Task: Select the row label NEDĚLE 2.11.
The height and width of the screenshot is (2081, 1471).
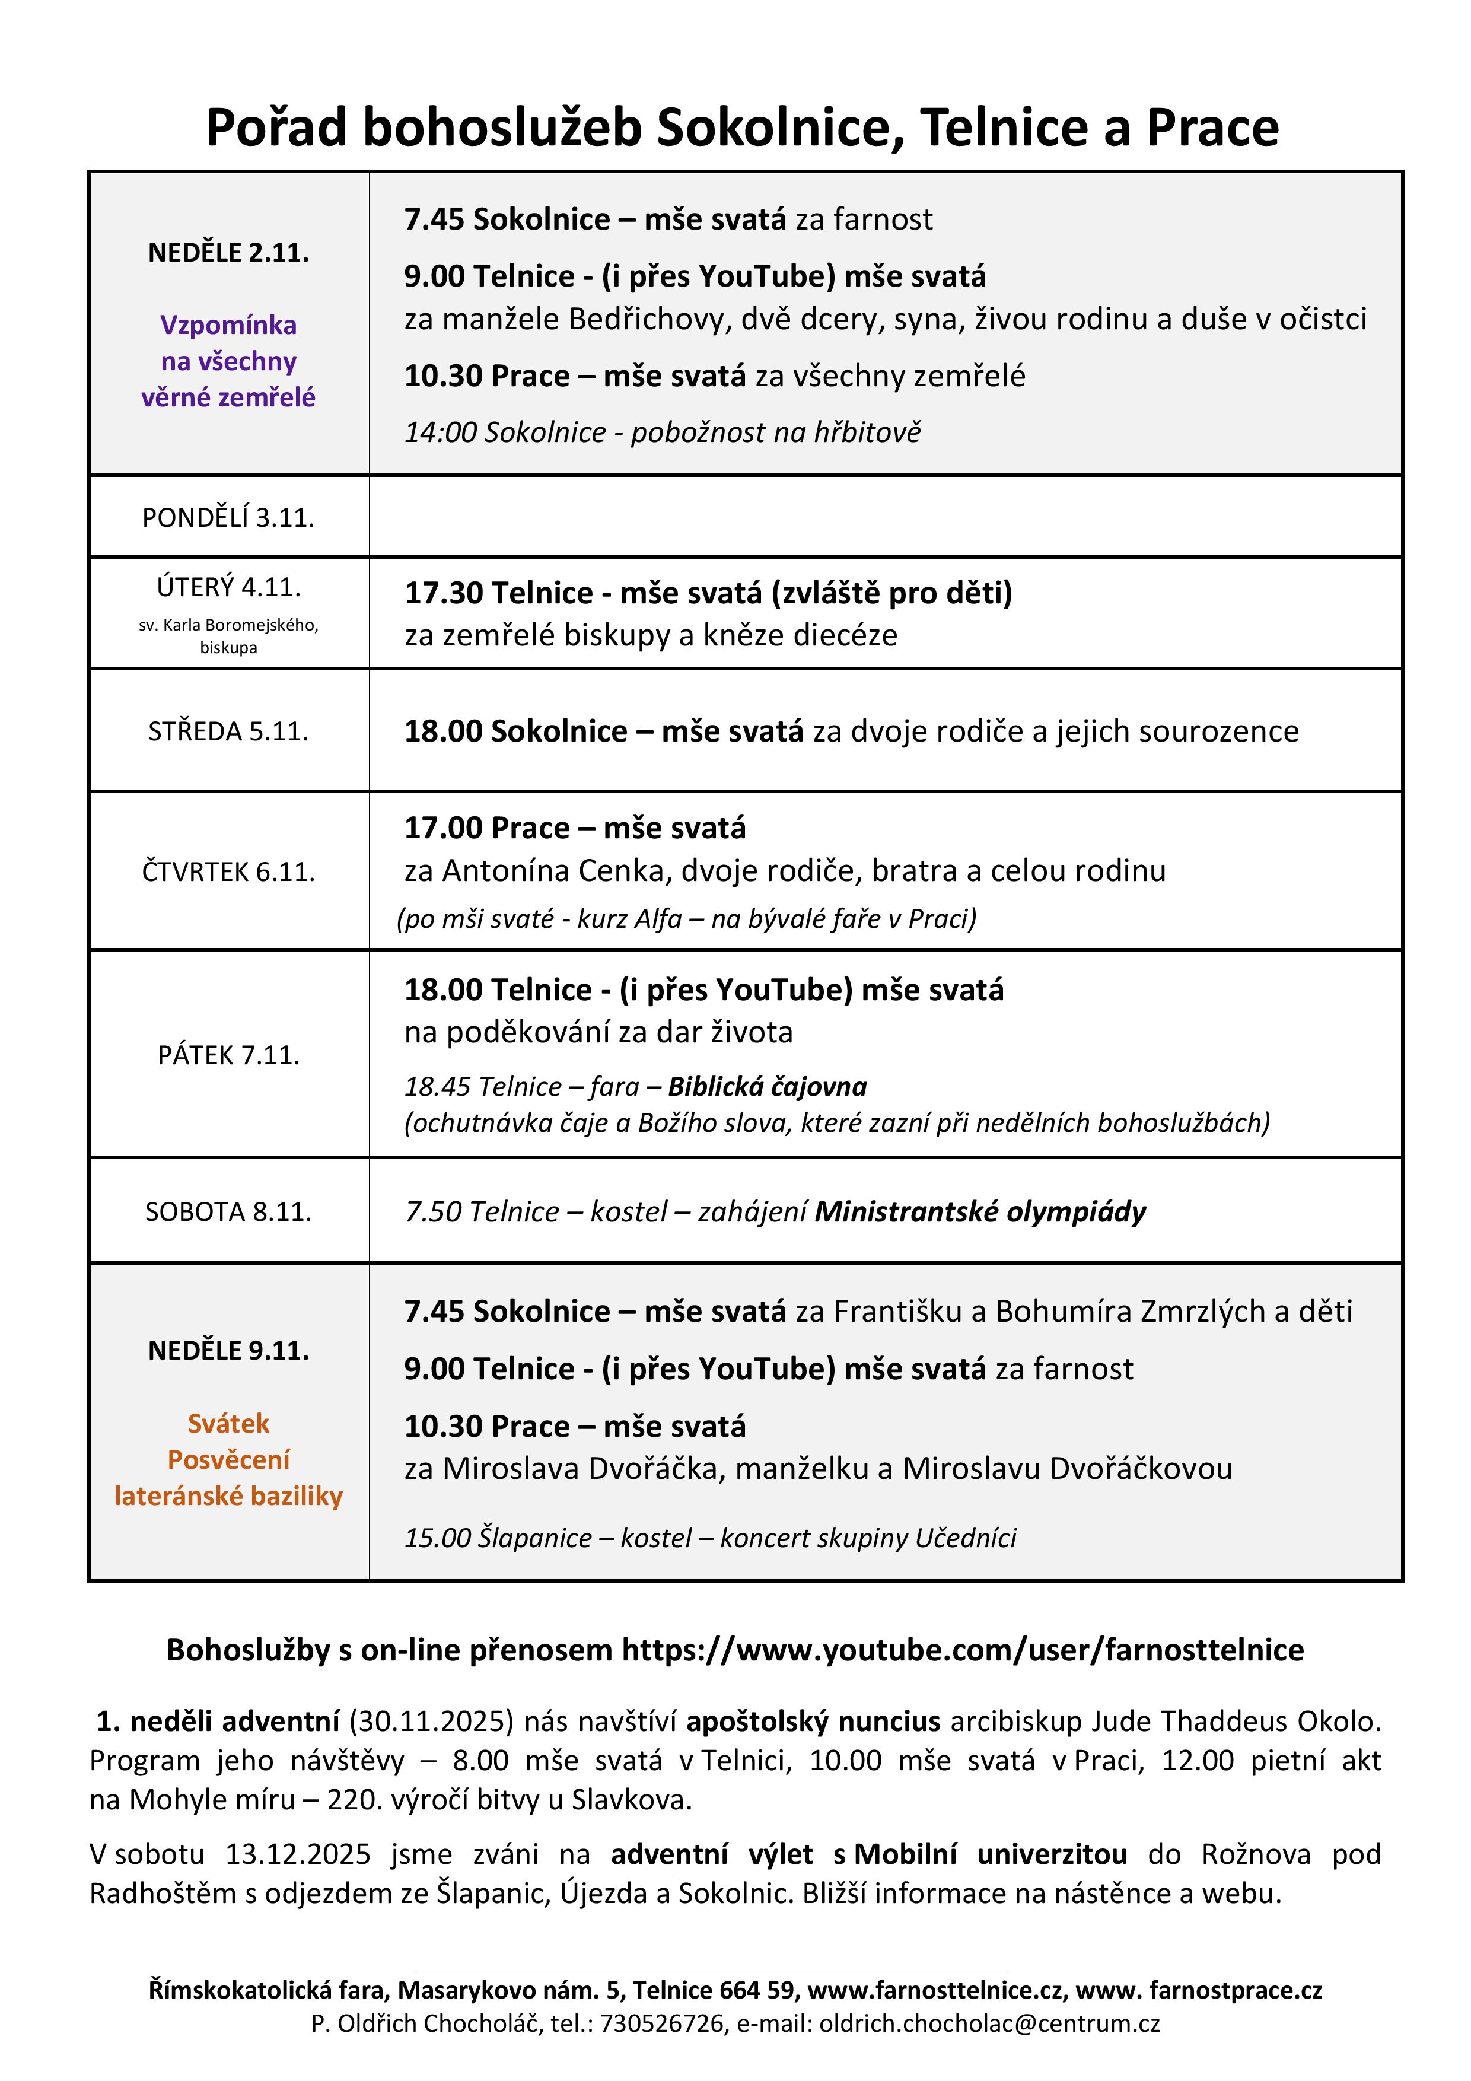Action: coord(228,253)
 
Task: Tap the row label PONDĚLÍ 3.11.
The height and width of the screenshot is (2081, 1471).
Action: coord(228,517)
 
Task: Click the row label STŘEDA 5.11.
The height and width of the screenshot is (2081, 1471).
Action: coord(228,731)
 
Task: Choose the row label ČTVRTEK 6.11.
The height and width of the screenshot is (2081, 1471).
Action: coord(228,872)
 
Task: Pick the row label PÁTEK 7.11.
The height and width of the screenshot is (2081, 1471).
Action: coord(228,1055)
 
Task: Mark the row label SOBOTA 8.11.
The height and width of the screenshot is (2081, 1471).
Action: coord(228,1212)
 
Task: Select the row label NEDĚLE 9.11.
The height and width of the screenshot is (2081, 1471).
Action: coord(228,1351)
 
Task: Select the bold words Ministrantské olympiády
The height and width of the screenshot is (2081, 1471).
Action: coord(980,1212)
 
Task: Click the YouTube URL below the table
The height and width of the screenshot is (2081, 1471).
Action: coord(963,1650)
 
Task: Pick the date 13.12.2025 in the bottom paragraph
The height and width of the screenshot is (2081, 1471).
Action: coord(298,1854)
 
